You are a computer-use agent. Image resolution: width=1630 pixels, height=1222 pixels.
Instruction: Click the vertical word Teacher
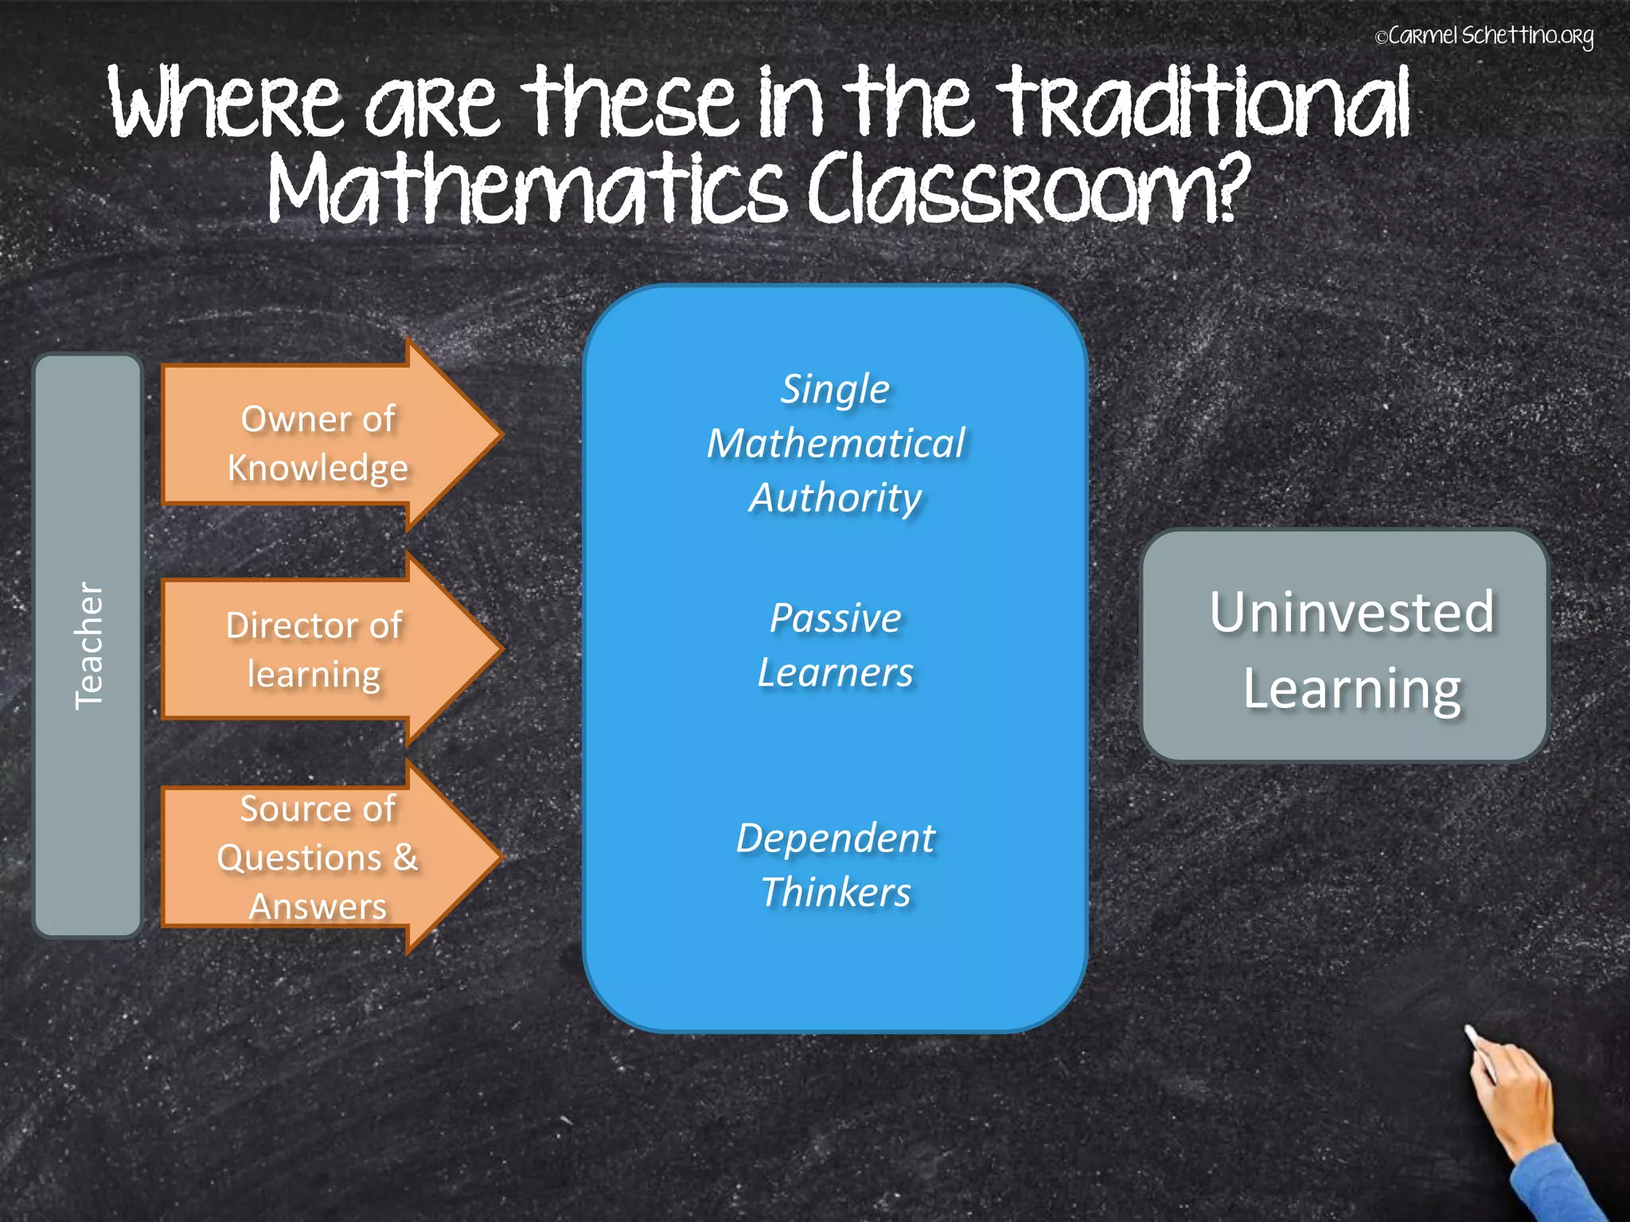[88, 646]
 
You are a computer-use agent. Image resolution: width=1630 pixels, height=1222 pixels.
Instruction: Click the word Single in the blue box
[834, 390]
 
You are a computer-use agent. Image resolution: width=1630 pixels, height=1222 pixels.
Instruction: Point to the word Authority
[835, 499]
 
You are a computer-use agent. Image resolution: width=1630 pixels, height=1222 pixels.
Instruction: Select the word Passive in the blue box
[835, 618]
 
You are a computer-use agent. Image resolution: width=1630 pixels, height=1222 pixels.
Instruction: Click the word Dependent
[835, 838]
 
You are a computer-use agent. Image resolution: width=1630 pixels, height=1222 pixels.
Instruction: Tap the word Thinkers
[835, 892]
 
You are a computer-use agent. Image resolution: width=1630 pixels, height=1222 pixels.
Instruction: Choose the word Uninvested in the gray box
[1351, 613]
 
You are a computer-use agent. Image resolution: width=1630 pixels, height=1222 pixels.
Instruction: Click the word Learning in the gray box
[1351, 689]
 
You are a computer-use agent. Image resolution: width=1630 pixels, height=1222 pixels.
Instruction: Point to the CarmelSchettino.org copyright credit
[1484, 37]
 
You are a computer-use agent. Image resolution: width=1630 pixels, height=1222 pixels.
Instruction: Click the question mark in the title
[1226, 188]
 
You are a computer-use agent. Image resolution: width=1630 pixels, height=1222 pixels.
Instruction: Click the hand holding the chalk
[1512, 1098]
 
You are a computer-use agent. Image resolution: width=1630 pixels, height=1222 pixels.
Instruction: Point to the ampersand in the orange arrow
[405, 857]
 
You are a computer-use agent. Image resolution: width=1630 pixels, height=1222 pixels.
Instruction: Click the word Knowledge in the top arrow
[318, 468]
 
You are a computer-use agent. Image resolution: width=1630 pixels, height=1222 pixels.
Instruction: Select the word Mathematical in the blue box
[836, 444]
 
